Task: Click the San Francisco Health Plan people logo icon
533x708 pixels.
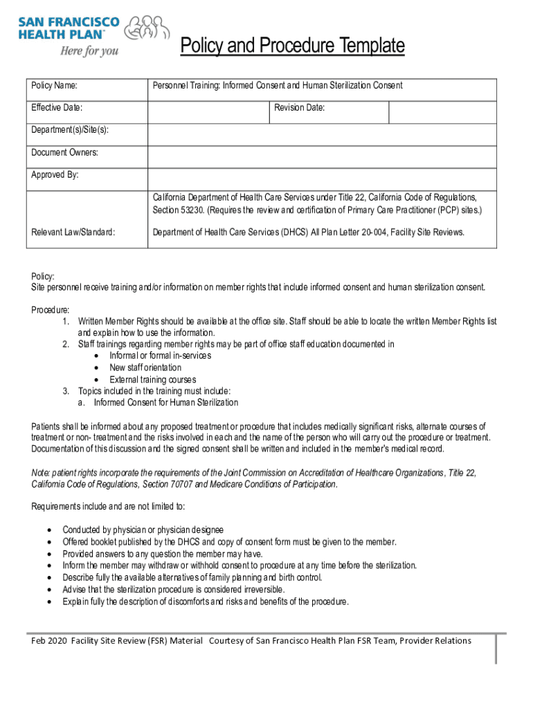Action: (150, 30)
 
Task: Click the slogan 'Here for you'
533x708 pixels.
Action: (89, 50)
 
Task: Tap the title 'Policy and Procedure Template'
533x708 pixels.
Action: (292, 46)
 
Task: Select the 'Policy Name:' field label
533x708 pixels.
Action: (54, 86)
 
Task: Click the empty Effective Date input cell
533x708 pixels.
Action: (208, 112)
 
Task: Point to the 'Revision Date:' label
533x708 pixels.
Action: (299, 108)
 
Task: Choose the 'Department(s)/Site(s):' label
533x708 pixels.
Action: (69, 130)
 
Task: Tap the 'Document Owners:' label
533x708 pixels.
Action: (64, 152)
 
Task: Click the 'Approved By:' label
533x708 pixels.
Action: (55, 175)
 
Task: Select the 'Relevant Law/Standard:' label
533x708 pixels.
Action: (73, 232)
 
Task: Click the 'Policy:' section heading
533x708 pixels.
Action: (43, 275)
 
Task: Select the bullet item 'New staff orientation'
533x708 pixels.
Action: (145, 368)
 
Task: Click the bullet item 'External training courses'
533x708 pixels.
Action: (152, 380)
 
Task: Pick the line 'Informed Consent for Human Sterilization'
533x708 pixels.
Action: (166, 402)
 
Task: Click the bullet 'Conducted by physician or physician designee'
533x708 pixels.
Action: (143, 530)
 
